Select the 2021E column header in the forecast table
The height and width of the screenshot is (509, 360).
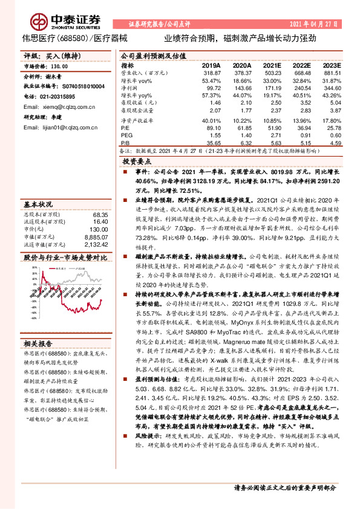[x=272, y=65]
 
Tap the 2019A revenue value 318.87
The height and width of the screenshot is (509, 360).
[x=210, y=73]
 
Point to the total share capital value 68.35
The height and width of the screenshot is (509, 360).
[x=100, y=214]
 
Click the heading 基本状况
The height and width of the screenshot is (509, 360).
[x=38, y=204]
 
